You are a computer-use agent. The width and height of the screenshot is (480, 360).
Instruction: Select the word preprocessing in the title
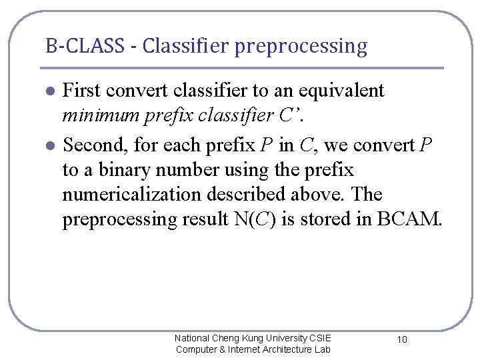coord(301,47)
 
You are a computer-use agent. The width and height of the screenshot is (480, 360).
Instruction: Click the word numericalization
coord(131,195)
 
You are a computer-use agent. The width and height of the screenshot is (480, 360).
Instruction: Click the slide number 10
coord(402,340)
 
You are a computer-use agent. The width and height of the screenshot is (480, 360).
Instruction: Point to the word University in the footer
coord(275,338)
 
